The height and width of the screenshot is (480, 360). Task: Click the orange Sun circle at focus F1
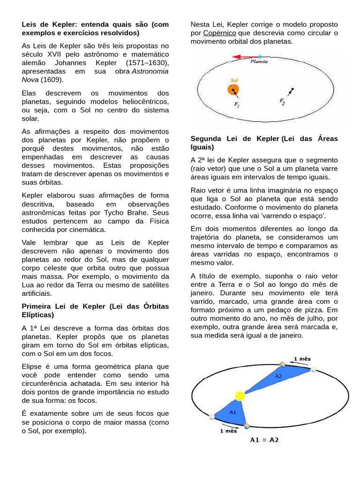233,90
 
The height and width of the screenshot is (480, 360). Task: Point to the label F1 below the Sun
237,105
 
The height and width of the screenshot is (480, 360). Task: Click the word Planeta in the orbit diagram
259,61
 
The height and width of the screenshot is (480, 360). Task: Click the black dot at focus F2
292,89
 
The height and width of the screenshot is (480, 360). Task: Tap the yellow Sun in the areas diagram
240,396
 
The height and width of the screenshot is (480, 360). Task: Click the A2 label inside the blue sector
278,375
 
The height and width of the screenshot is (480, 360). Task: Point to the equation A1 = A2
264,440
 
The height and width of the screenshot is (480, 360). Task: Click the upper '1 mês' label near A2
302,359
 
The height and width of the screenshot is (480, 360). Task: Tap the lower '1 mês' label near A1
229,431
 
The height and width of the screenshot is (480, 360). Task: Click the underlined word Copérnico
220,33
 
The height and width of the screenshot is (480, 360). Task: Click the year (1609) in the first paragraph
52,79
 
